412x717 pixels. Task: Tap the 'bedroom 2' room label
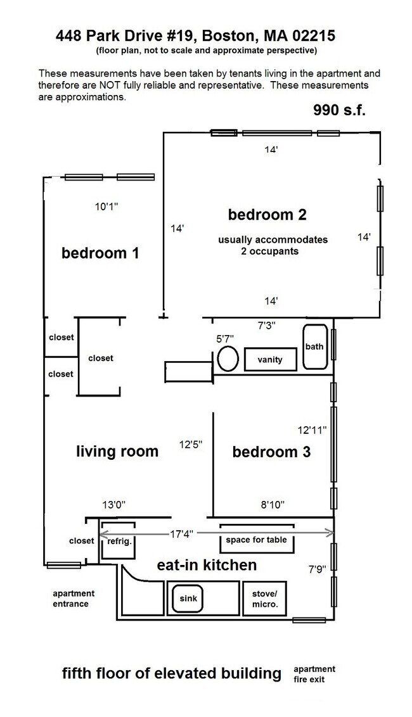267,215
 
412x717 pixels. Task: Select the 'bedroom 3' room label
271,452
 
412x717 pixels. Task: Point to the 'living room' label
117,452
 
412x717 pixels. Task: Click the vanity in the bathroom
270,360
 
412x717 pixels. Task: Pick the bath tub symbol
314,347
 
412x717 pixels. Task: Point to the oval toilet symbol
228,358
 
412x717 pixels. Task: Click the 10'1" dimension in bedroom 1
106,206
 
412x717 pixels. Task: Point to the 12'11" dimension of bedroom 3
312,430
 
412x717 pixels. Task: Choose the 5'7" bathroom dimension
225,338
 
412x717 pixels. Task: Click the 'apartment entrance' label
73,599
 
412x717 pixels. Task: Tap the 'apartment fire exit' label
314,674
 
